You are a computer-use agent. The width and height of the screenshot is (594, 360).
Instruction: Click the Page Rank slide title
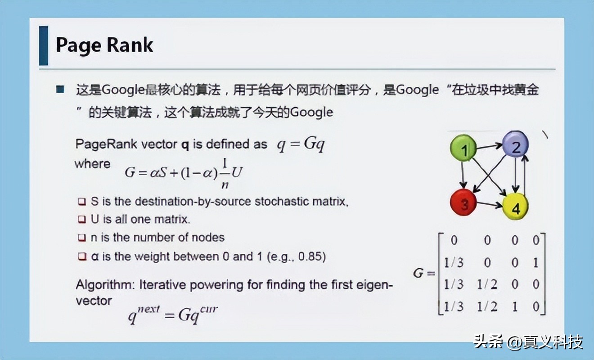(x=104, y=45)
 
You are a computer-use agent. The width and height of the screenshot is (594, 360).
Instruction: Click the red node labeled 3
(x=464, y=203)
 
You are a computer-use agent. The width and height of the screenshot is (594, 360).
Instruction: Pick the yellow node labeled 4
(x=515, y=207)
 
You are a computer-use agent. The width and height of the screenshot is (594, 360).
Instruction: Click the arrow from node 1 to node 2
(x=490, y=146)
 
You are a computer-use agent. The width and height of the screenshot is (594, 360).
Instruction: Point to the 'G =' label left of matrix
(x=424, y=273)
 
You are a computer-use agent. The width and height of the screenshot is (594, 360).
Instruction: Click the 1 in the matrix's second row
(x=535, y=262)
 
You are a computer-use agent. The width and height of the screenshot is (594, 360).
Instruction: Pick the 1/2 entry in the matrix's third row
(x=488, y=284)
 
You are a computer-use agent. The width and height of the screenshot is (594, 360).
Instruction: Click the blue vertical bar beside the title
(x=44, y=45)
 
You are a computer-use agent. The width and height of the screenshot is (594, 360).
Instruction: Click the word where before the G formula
(x=93, y=163)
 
